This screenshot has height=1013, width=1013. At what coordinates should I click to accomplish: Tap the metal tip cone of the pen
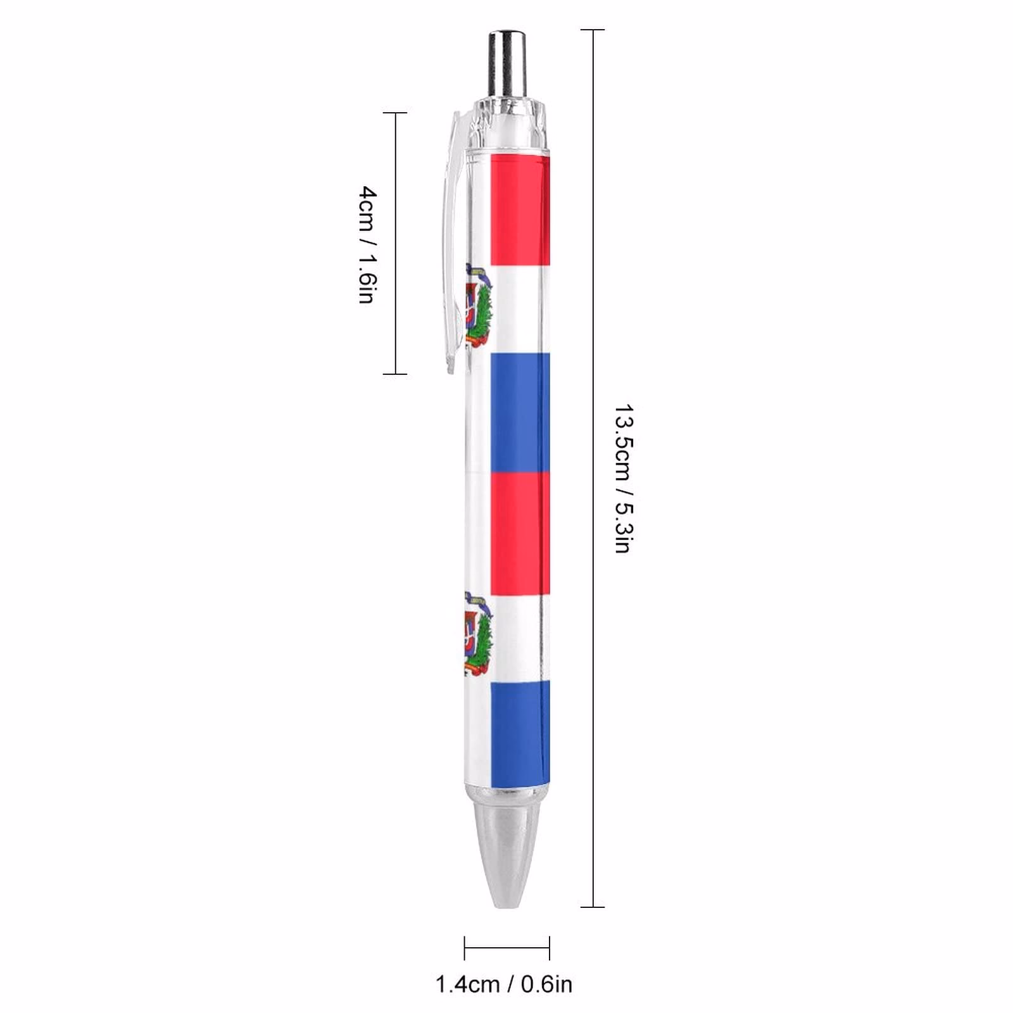[507, 848]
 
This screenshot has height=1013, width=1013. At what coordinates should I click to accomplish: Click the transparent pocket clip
[454, 241]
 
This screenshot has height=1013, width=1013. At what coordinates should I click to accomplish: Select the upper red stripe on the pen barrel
[520, 210]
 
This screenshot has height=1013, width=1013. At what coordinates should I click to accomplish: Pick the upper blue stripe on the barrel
[520, 412]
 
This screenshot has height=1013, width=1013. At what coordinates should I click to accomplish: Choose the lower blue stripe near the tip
[520, 733]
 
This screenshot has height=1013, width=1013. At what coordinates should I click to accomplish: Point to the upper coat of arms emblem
[479, 305]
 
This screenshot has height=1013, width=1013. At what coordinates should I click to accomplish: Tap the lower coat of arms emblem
[479, 633]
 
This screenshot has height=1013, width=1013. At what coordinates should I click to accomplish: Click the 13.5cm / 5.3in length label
[624, 479]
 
